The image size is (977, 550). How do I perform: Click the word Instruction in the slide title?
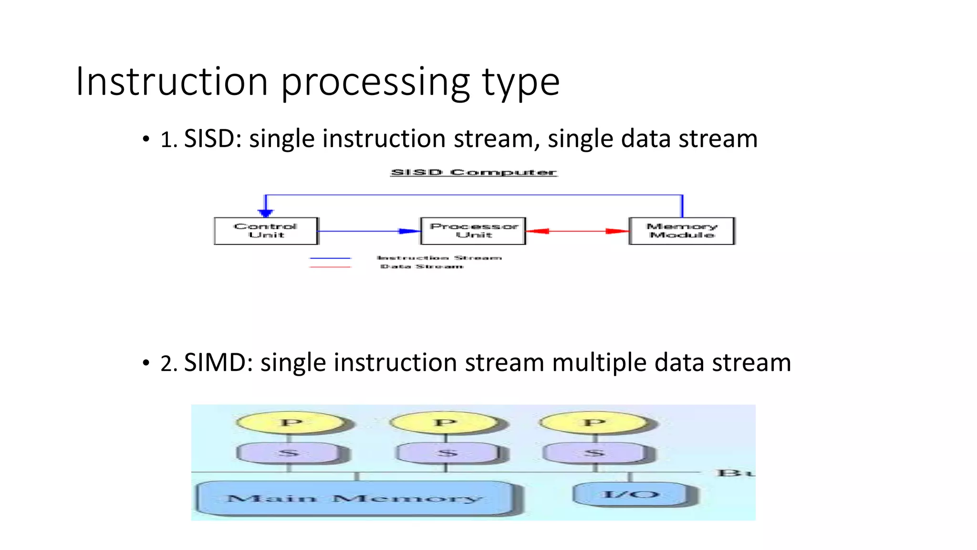point(172,82)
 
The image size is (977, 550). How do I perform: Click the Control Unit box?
point(266,231)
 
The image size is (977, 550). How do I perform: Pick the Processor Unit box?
point(473,231)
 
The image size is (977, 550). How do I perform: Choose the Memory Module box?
point(682,231)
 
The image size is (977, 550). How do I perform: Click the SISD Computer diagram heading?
point(474,172)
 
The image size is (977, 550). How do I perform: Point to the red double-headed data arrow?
point(577,231)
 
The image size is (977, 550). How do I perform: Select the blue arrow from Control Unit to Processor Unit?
point(367,231)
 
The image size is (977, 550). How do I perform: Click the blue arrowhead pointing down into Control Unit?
point(266,212)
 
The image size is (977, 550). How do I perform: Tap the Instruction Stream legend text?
point(439,258)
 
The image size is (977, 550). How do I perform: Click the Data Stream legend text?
point(422,266)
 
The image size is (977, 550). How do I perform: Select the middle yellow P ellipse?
point(445,423)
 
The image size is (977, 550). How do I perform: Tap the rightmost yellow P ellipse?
point(594,423)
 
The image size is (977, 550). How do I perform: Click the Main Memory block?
point(355,498)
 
